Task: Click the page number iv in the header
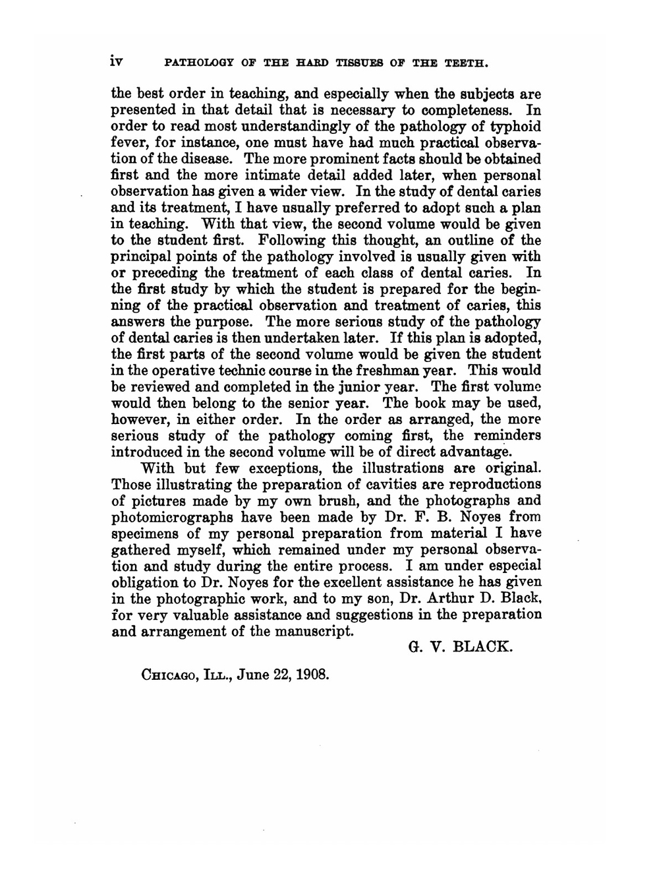118,63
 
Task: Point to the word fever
129,142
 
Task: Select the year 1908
310,675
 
